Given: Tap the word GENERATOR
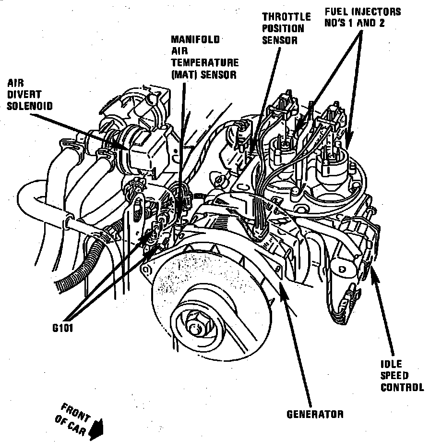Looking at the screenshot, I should (x=315, y=414).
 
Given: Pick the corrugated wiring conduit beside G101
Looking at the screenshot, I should (x=82, y=269).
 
